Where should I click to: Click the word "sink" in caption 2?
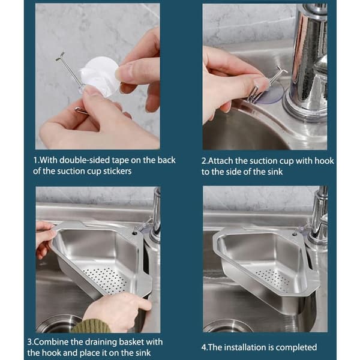click(275, 172)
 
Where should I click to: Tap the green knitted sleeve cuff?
click(91, 326)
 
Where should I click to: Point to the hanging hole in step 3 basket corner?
click(135, 234)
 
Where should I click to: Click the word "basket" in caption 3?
click(131, 342)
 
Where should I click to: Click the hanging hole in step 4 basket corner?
click(293, 235)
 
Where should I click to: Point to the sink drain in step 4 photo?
click(227, 326)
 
